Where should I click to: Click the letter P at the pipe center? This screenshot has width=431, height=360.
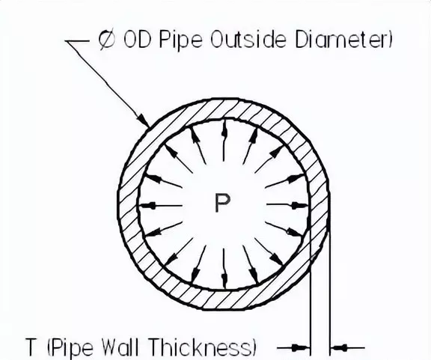coord(222,203)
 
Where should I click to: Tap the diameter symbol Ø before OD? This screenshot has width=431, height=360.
coord(107,40)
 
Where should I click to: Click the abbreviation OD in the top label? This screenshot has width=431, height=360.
coord(137,40)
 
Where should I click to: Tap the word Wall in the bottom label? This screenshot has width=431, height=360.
coord(120,347)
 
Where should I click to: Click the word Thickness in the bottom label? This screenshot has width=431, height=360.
coord(201,347)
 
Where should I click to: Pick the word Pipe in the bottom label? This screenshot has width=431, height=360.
coord(73,347)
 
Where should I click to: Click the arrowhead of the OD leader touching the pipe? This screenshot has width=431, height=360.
coord(144,120)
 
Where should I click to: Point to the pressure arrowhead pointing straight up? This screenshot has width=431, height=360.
coord(224,129)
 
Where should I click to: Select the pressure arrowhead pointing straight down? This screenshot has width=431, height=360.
coord(224,280)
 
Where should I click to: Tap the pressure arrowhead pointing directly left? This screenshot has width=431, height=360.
coord(148,205)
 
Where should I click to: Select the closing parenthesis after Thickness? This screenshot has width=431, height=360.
coord(254,347)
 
